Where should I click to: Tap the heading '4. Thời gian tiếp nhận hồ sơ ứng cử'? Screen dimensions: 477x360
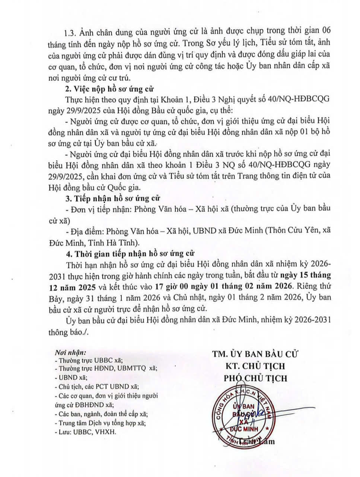[125, 254]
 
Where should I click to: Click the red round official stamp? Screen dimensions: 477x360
[244, 417]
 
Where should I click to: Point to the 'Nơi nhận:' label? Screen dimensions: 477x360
[70, 352]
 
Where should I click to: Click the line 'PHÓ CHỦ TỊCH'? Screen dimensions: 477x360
[255, 378]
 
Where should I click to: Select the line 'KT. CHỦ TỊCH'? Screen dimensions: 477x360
[255, 366]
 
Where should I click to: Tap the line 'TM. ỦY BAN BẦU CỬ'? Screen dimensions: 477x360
[255, 354]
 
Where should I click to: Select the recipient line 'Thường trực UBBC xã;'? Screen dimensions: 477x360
[89, 360]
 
